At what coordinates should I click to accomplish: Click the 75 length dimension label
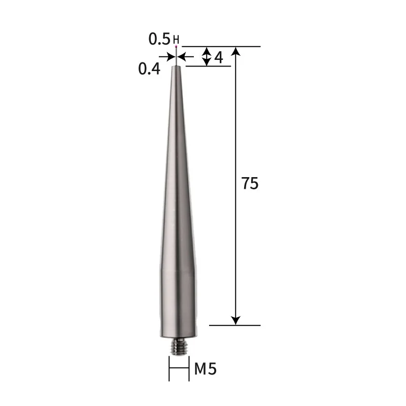tap(250, 184)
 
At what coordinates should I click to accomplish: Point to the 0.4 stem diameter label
tap(149, 69)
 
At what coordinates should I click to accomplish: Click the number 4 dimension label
tap(219, 57)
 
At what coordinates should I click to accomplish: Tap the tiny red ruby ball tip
tap(176, 47)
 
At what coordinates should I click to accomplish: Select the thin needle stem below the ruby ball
tap(176, 58)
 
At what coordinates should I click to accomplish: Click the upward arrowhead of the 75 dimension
tap(235, 51)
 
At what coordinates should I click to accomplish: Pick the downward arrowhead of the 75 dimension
tap(235, 320)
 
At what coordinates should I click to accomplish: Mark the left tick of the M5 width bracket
tap(169, 369)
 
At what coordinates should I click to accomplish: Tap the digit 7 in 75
tap(245, 184)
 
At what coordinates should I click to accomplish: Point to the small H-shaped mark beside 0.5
tap(176, 39)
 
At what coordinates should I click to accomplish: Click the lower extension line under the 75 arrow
tap(234, 325)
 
